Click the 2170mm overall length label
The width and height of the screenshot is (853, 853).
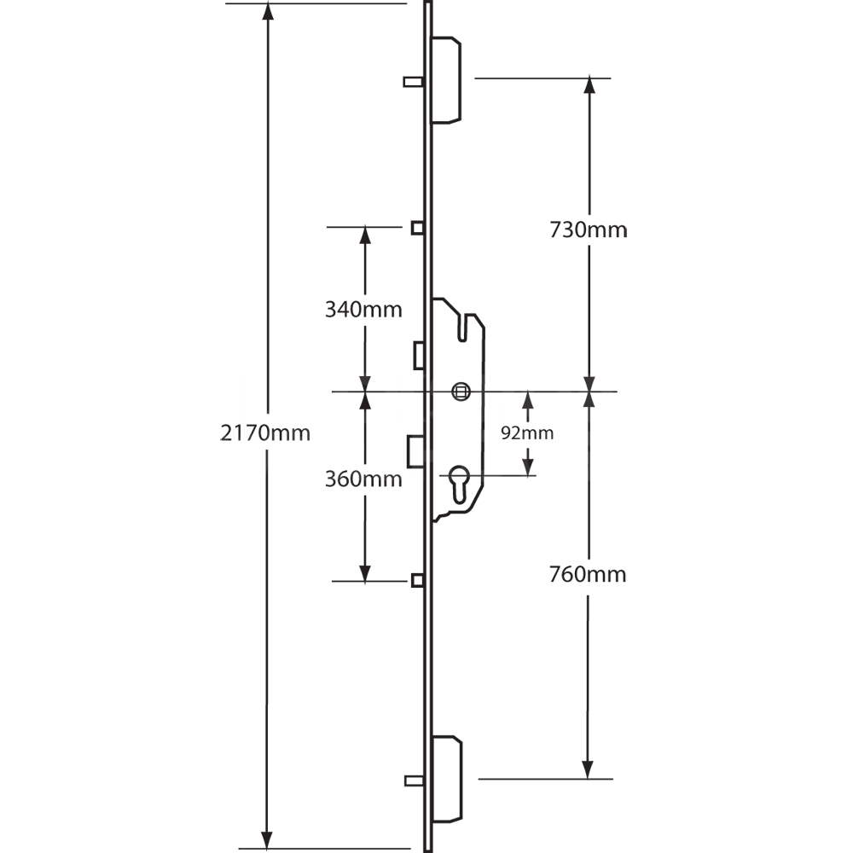click(264, 432)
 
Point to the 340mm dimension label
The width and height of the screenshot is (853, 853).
click(363, 309)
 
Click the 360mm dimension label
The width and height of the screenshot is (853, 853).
click(363, 479)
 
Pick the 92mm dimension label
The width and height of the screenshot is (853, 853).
click(526, 433)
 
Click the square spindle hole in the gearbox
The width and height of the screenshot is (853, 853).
click(461, 392)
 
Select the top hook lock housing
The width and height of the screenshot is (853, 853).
click(448, 80)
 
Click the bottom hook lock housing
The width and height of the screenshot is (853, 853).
click(448, 778)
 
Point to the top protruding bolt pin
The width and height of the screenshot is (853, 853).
click(413, 81)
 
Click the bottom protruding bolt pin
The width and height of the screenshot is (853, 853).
click(413, 779)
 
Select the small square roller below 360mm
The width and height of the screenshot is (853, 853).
click(418, 581)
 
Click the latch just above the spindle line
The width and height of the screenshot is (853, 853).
click(419, 356)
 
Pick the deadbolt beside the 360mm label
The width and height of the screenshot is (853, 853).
click(415, 450)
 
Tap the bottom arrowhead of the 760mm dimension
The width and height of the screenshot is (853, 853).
click(588, 769)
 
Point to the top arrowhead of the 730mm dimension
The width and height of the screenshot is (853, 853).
click(589, 86)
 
